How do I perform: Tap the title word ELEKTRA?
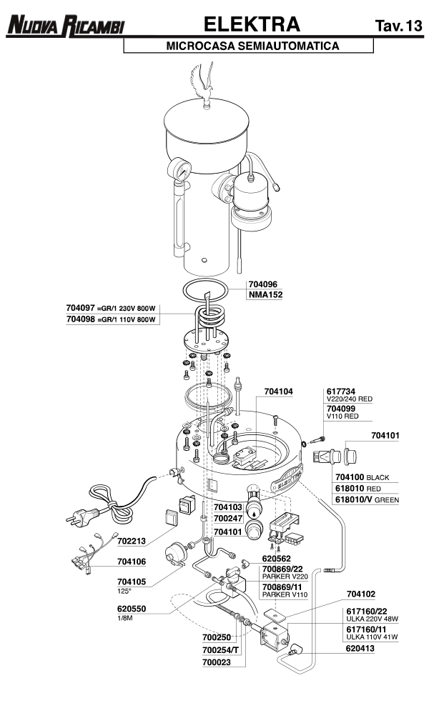250,24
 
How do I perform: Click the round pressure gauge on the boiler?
179,171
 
